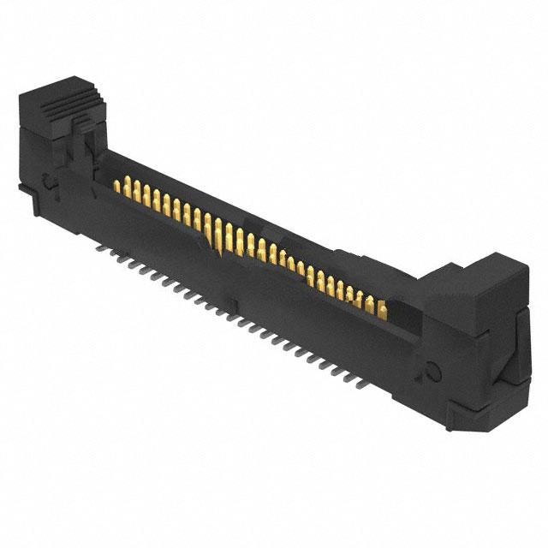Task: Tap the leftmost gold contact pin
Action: (x=119, y=183)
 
